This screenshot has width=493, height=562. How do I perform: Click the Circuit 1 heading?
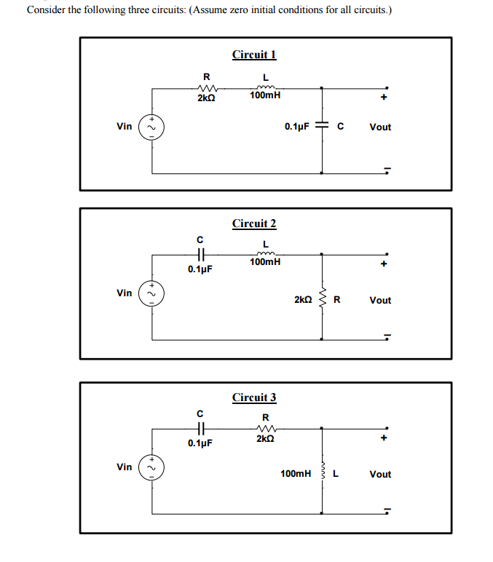(254, 55)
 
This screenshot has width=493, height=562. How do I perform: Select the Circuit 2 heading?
(254, 223)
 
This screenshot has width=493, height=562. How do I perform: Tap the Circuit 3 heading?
(254, 397)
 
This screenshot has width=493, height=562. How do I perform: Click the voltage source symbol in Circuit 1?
(152, 128)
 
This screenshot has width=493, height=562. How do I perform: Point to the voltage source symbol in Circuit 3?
(152, 468)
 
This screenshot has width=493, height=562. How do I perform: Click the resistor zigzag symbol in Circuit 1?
(206, 87)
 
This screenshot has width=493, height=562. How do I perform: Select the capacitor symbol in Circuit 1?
(324, 127)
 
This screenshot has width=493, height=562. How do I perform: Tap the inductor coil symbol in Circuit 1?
(265, 87)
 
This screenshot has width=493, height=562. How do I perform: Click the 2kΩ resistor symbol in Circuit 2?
(324, 299)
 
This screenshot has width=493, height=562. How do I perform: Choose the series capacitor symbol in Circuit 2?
(201, 255)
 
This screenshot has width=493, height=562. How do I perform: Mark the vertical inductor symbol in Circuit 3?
(324, 474)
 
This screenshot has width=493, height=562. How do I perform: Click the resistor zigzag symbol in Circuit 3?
(265, 428)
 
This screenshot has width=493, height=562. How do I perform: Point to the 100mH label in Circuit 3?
(296, 474)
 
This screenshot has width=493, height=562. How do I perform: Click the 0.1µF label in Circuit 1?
(297, 127)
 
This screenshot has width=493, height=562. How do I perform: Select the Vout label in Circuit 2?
(380, 300)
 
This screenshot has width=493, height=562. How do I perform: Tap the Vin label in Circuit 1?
(125, 127)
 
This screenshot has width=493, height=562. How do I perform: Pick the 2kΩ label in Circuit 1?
(206, 97)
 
